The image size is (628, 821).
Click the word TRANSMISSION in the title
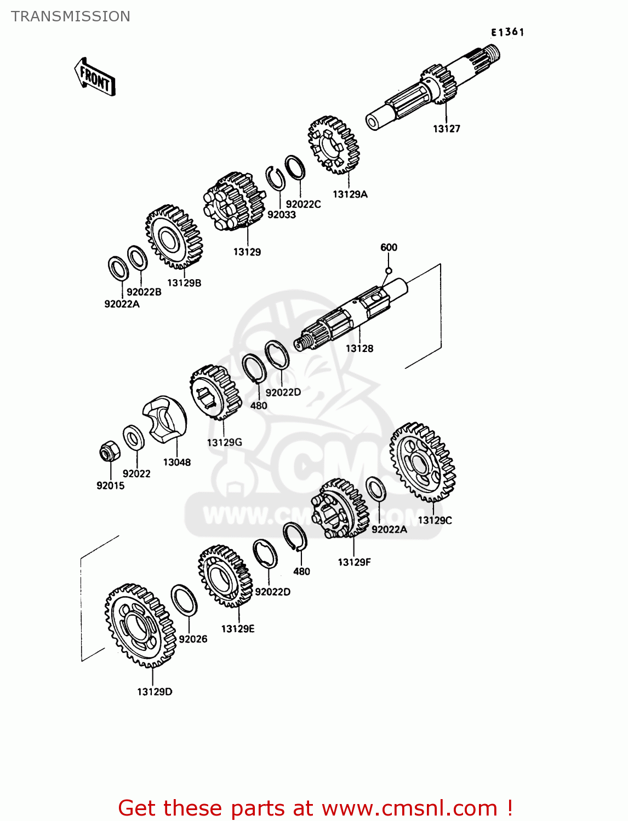click(x=71, y=16)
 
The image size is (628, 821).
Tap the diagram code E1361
click(x=507, y=32)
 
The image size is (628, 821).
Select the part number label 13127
click(x=446, y=129)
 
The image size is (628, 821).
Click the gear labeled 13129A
click(x=334, y=145)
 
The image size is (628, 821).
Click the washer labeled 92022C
click(x=295, y=167)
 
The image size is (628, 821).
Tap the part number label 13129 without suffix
click(x=247, y=252)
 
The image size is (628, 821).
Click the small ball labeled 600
click(x=389, y=270)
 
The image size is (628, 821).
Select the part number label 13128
click(x=359, y=348)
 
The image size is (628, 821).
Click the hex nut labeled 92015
click(x=107, y=452)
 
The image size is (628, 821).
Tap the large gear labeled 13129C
click(x=422, y=462)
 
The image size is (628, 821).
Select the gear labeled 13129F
click(x=340, y=509)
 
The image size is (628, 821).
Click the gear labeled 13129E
click(x=225, y=575)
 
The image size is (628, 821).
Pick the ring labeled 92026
click(x=184, y=600)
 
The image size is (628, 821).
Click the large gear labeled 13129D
click(x=139, y=625)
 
